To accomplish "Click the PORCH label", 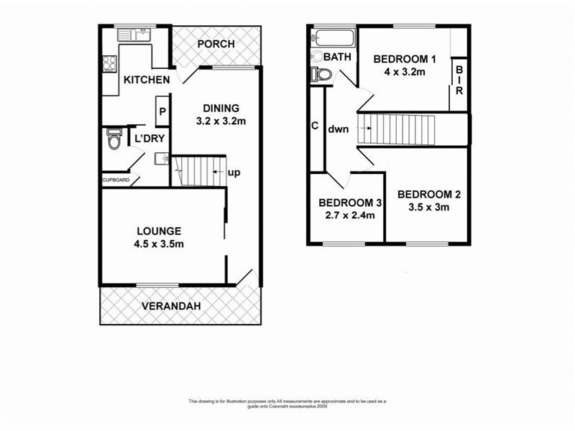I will tap(216, 44).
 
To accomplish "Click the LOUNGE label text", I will tap(158, 231).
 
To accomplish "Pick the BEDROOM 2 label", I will tap(429, 194).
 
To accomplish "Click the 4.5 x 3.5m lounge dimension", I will tap(160, 244).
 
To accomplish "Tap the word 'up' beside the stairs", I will tap(234, 173).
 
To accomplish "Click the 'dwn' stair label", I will tap(339, 130).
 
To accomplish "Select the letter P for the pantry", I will tap(162, 111).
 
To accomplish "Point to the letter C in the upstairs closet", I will tap(315, 125).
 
